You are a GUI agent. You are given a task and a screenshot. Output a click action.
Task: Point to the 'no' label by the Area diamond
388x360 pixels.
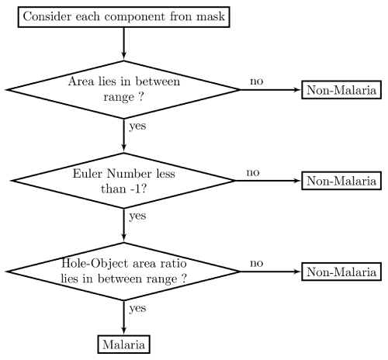257,81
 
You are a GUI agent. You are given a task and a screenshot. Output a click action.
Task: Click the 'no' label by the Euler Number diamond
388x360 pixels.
253,172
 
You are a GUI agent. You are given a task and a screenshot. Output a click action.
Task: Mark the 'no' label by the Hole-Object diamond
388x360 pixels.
257,263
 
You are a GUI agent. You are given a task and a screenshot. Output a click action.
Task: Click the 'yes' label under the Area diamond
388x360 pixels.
137,126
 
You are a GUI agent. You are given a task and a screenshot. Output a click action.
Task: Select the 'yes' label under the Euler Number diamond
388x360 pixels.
137,216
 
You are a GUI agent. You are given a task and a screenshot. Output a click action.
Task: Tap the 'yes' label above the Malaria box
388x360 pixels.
137,309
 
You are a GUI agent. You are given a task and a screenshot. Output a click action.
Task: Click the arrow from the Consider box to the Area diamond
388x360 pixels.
124,43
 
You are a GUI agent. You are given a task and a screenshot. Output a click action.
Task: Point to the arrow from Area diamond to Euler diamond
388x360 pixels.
124,136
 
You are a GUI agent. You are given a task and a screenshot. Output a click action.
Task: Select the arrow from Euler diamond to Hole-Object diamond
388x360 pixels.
124,225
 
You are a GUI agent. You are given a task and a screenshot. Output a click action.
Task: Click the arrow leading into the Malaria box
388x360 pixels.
124,318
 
